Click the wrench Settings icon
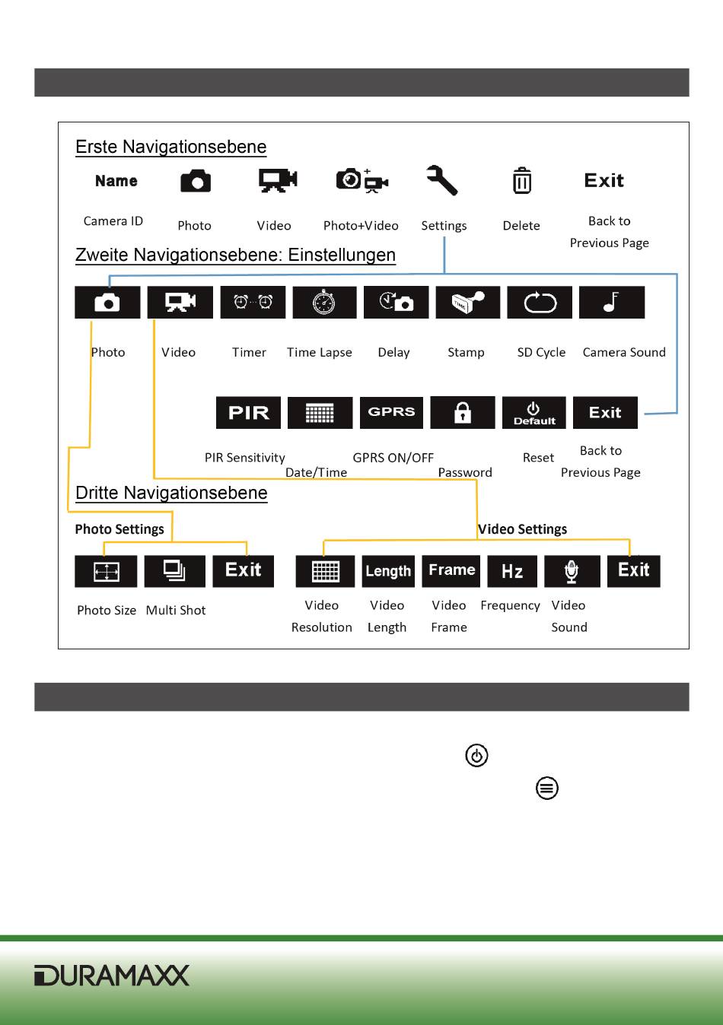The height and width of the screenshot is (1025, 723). pyautogui.click(x=442, y=181)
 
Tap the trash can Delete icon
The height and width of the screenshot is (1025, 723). pyautogui.click(x=521, y=181)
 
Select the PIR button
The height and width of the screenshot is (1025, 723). pyautogui.click(x=248, y=413)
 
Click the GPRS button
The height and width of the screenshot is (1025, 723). pyautogui.click(x=391, y=412)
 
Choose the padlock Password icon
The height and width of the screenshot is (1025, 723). pyautogui.click(x=462, y=413)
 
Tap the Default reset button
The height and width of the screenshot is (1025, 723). pyautogui.click(x=533, y=413)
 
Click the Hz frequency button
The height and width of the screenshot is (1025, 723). pyautogui.click(x=512, y=572)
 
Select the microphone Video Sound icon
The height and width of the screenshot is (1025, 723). pyautogui.click(x=572, y=572)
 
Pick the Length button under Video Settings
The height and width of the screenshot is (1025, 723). pyautogui.click(x=388, y=572)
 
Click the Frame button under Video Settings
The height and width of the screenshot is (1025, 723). pyautogui.click(x=451, y=571)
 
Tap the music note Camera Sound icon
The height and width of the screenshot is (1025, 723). pyautogui.click(x=611, y=303)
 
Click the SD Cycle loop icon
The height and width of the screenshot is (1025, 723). pyautogui.click(x=540, y=303)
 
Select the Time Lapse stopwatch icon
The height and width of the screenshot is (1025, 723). pyautogui.click(x=323, y=303)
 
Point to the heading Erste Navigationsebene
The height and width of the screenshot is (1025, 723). pyautogui.click(x=171, y=147)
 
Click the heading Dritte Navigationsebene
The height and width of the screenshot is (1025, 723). pyautogui.click(x=171, y=493)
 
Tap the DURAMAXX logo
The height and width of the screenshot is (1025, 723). pyautogui.click(x=111, y=976)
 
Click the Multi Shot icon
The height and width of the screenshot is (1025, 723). pyautogui.click(x=175, y=571)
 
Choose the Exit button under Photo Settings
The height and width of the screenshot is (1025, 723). pyautogui.click(x=244, y=571)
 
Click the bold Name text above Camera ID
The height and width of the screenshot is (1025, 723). pyautogui.click(x=116, y=181)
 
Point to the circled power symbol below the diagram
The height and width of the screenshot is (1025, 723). pyautogui.click(x=476, y=756)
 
